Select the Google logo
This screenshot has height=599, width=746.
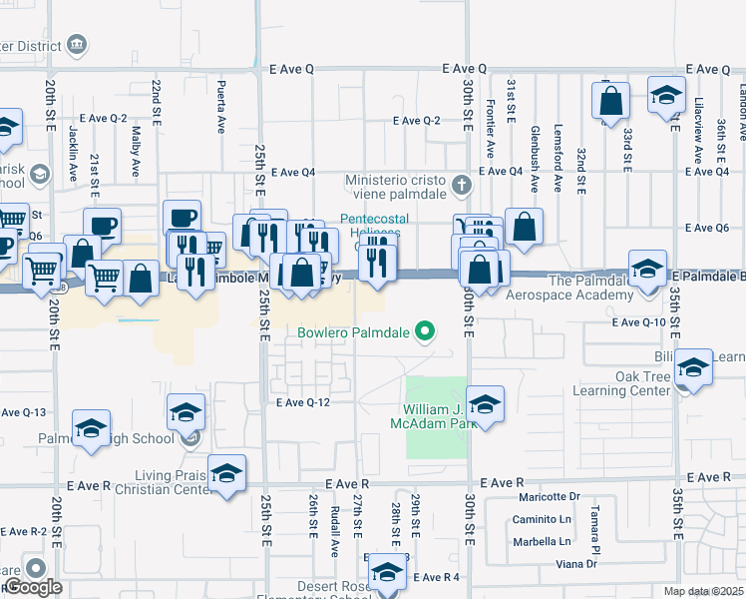pyautogui.click(x=33, y=587)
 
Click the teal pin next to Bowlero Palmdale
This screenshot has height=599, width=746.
pyautogui.click(x=426, y=331)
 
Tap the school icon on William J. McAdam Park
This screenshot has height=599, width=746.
pyautogui.click(x=485, y=403)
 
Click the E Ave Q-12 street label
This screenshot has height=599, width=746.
pyautogui.click(x=302, y=403)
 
